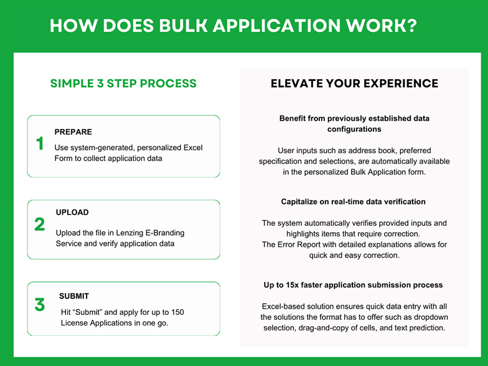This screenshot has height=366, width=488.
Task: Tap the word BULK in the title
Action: [x=183, y=25]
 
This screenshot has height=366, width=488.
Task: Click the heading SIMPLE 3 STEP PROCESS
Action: [x=123, y=83]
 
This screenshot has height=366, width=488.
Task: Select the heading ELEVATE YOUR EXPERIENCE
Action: [x=354, y=83]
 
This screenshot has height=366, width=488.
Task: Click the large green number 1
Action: [x=40, y=143]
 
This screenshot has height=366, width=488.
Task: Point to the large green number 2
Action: [x=40, y=224]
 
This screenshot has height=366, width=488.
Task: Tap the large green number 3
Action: [x=40, y=304]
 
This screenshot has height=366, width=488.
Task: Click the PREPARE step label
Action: [x=73, y=132]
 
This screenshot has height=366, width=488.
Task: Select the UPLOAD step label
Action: [x=72, y=212]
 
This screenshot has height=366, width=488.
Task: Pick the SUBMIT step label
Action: [x=74, y=296]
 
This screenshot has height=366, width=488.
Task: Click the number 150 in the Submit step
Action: [x=177, y=312]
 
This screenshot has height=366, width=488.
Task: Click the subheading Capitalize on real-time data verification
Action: [x=354, y=202]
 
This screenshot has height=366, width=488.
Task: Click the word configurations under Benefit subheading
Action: [x=354, y=129]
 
